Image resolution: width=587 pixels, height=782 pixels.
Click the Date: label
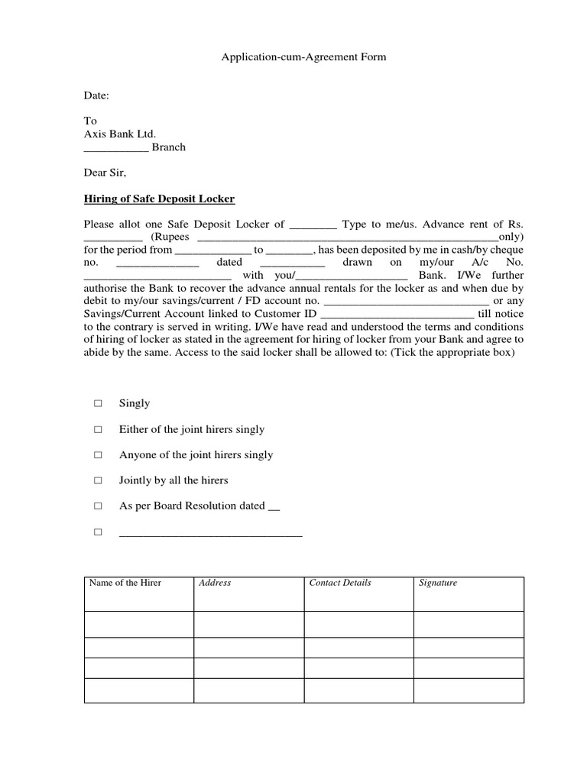pyautogui.click(x=96, y=95)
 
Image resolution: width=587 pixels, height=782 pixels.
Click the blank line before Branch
pyautogui.click(x=115, y=147)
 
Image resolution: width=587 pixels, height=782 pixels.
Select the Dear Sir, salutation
pyautogui.click(x=104, y=173)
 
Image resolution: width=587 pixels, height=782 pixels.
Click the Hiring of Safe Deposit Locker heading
pyautogui.click(x=159, y=199)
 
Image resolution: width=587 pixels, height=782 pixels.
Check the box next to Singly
pyautogui.click(x=98, y=403)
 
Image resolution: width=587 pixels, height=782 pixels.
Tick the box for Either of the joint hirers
pyautogui.click(x=98, y=430)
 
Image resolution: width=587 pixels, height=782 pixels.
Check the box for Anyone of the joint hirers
pyautogui.click(x=98, y=455)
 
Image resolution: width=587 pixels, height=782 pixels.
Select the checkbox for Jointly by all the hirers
pyautogui.click(x=98, y=481)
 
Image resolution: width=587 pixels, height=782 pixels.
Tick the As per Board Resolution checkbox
pyautogui.click(x=98, y=506)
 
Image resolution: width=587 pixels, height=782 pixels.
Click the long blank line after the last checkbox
pyautogui.click(x=211, y=533)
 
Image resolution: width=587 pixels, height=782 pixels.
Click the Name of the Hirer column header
pyautogui.click(x=125, y=583)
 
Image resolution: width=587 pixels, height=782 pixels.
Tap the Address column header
pyautogui.click(x=215, y=583)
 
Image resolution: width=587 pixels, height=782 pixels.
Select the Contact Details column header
pyautogui.click(x=340, y=583)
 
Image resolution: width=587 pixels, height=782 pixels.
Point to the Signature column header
pyautogui.click(x=438, y=583)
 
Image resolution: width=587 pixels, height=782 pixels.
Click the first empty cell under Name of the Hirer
pyautogui.click(x=138, y=624)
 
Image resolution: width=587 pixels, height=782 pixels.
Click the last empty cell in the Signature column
pyautogui.click(x=469, y=690)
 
